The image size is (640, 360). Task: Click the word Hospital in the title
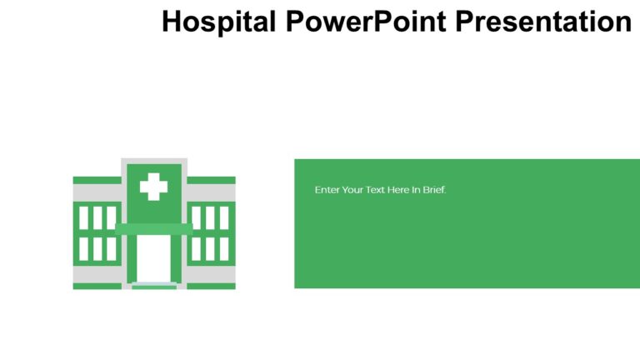(217, 21)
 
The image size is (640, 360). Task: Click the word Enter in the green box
(327, 190)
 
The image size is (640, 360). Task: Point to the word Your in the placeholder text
(353, 190)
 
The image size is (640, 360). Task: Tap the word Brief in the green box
(434, 190)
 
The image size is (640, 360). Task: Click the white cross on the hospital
(153, 186)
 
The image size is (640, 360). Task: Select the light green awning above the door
(153, 228)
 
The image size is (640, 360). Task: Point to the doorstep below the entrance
(153, 286)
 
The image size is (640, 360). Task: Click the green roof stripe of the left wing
(97, 180)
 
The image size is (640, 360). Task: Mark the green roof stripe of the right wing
(211, 180)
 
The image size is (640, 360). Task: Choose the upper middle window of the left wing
(97, 217)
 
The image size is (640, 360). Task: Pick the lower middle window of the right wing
(210, 248)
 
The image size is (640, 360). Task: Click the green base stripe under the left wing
(97, 286)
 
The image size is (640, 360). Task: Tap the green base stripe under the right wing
(211, 286)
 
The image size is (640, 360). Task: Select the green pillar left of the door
(132, 258)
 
